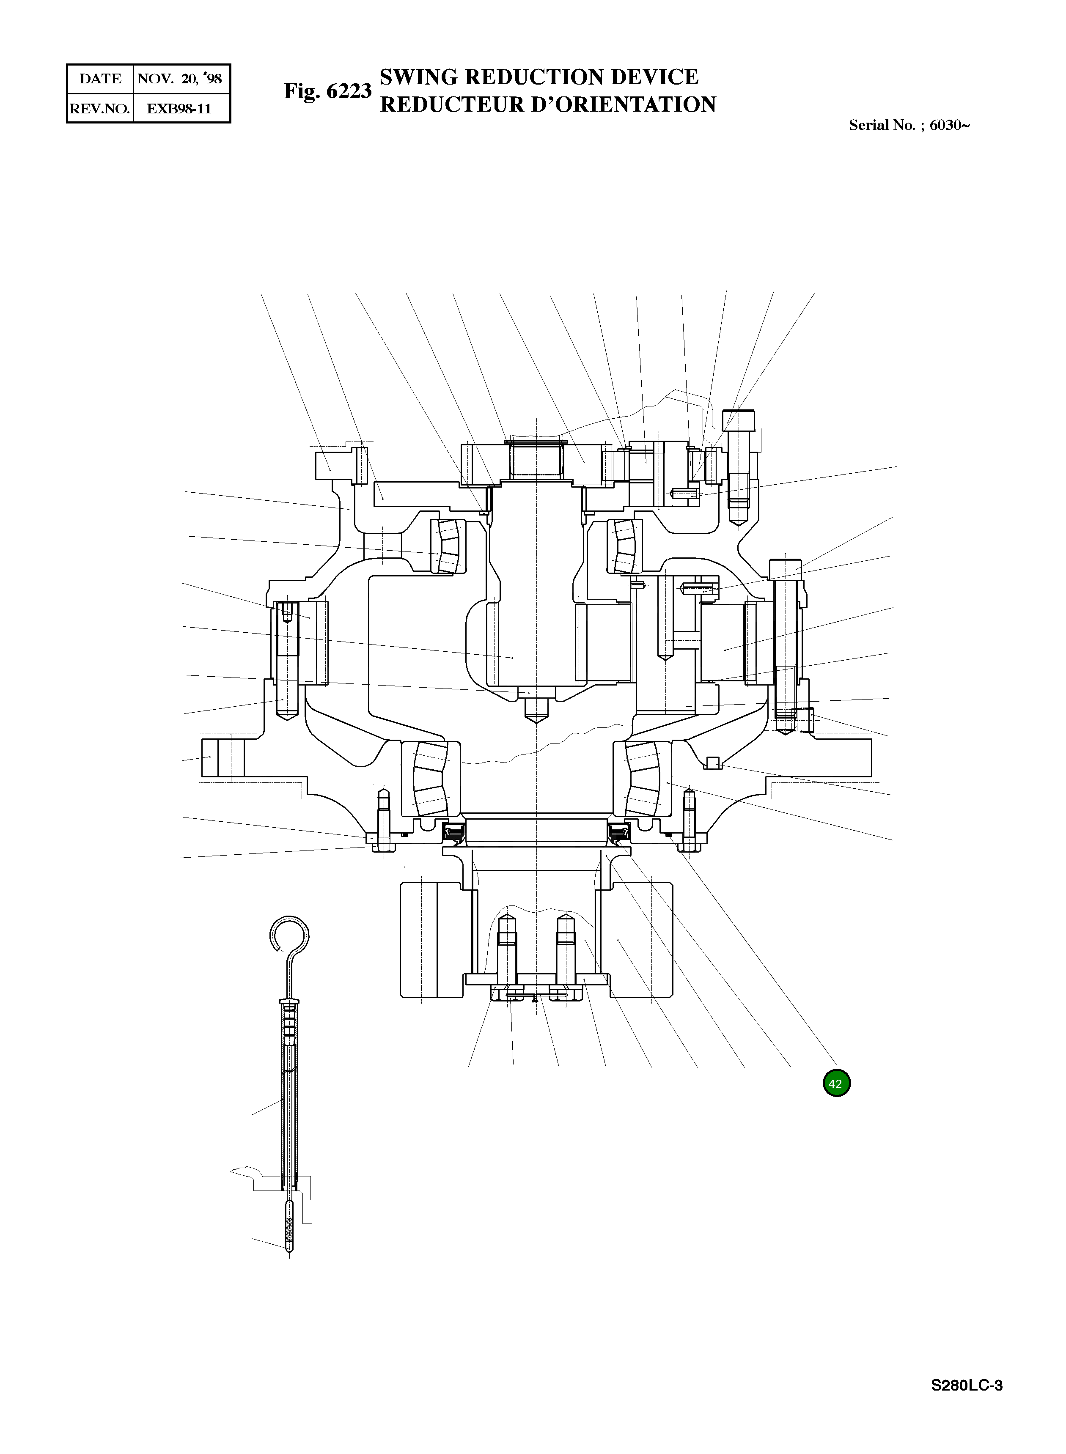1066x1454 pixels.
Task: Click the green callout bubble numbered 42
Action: [x=836, y=1083]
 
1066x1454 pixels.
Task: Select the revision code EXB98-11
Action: [x=179, y=108]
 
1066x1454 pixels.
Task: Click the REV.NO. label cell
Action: [x=100, y=108]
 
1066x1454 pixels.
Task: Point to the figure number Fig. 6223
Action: [x=328, y=91]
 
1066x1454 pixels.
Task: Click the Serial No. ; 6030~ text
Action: [x=909, y=125]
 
